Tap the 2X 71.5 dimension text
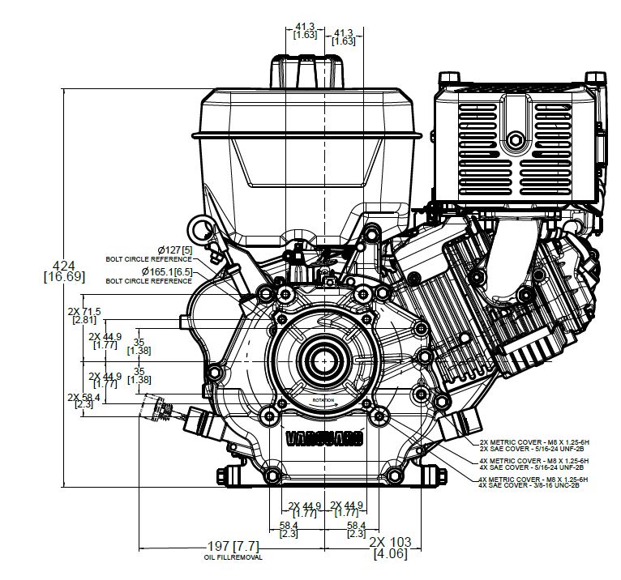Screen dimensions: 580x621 point(84,311)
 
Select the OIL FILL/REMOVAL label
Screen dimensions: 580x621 point(233,557)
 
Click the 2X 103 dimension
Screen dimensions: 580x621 point(390,541)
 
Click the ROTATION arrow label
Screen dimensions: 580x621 point(324,401)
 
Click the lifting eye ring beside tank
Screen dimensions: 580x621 point(196,228)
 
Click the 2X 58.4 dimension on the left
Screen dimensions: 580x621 point(84,397)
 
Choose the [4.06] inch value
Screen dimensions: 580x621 point(390,555)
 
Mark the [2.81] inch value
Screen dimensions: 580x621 point(84,321)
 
